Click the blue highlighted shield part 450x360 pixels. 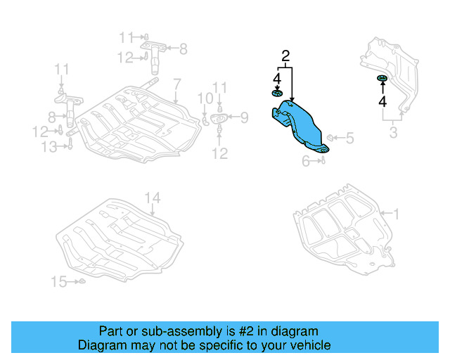coord(301,127)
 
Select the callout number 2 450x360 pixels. coord(285,56)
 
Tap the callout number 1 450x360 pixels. coord(395,213)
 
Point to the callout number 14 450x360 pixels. coord(153,198)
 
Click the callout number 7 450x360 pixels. coord(177,83)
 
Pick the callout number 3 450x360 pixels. coord(394,132)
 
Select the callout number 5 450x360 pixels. coord(349,138)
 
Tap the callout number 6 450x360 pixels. coord(306,161)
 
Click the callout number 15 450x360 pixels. coord(59,282)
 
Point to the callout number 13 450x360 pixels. coord(49,146)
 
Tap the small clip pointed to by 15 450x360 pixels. coord(81,282)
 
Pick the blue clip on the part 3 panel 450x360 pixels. coord(382,77)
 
